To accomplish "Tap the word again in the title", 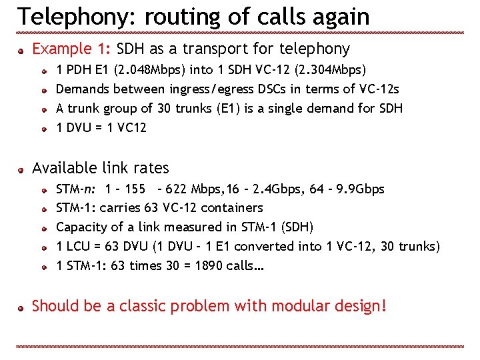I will pyautogui.click(x=337, y=16).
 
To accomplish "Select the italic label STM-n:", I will pyautogui.click(x=77, y=189).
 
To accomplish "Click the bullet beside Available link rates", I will pyautogui.click(x=21, y=169).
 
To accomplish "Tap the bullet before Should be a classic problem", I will pyautogui.click(x=21, y=307).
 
